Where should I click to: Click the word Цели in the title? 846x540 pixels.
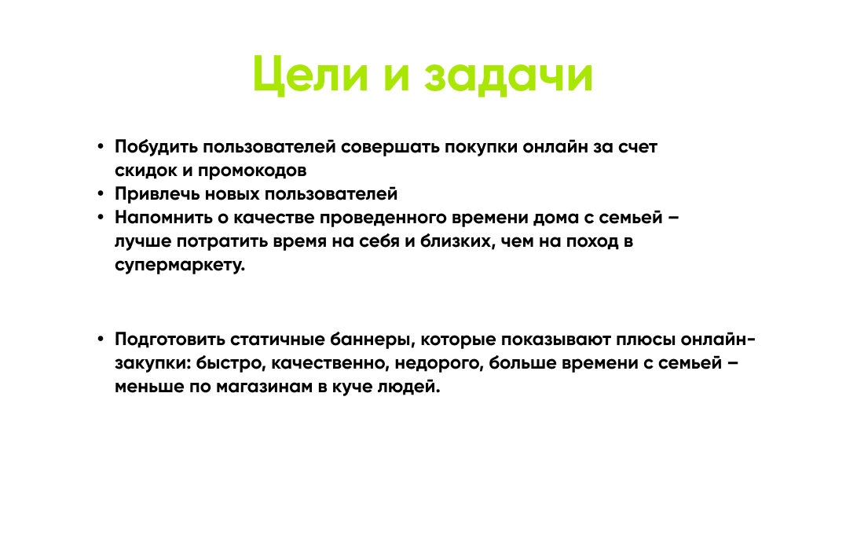310,74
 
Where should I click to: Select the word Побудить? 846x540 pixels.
156,147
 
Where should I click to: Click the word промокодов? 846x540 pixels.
252,171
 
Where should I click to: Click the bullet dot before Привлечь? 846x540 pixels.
101,193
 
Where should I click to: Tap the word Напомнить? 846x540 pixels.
163,218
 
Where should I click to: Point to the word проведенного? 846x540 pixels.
383,218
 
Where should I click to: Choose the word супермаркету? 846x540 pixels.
180,265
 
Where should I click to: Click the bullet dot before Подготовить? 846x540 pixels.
101,339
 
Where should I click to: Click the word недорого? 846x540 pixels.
439,363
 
